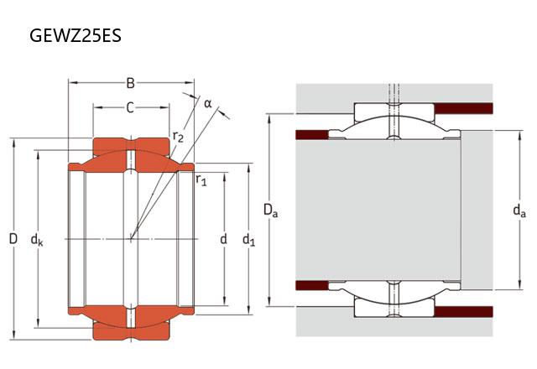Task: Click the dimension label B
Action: click(130, 83)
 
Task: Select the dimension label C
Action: click(130, 107)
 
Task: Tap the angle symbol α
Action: click(208, 104)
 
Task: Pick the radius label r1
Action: click(201, 179)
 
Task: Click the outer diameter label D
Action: click(13, 239)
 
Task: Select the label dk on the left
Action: click(37, 241)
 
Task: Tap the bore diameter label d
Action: click(223, 240)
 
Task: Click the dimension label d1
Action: click(248, 241)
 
